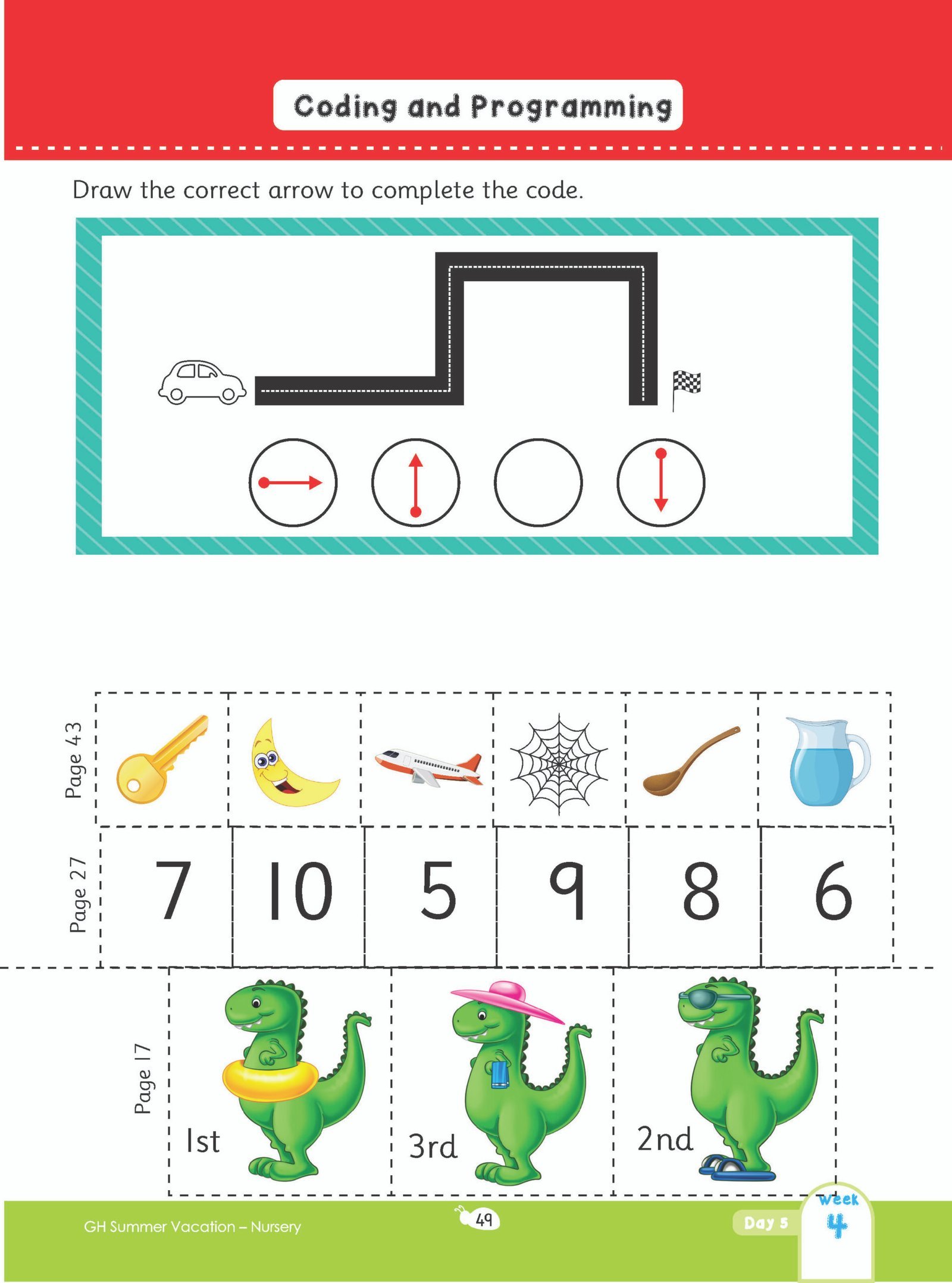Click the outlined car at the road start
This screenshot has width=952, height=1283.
click(x=202, y=382)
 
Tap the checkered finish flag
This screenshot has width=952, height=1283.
click(x=686, y=391)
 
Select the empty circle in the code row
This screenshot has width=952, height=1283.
click(x=538, y=482)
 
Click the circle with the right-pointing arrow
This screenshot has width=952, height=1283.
click(x=293, y=482)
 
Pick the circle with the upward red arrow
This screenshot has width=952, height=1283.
click(x=415, y=482)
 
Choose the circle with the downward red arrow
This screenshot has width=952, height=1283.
click(x=660, y=482)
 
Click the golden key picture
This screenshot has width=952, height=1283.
click(x=161, y=759)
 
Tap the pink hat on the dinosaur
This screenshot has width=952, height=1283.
click(x=506, y=1001)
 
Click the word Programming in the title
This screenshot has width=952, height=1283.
click(x=572, y=107)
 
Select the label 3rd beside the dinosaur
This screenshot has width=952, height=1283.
click(x=433, y=1146)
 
